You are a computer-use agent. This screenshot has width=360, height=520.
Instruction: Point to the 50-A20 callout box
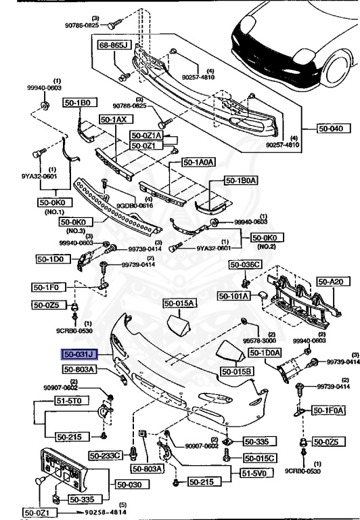pos(332,280)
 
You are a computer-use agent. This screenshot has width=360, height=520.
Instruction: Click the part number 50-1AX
pos(114,119)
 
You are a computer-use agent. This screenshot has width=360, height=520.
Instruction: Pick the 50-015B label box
pos(238,372)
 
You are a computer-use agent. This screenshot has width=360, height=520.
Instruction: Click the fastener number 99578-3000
pos(265,341)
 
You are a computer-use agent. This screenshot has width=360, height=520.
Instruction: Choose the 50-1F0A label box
pos(328,410)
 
